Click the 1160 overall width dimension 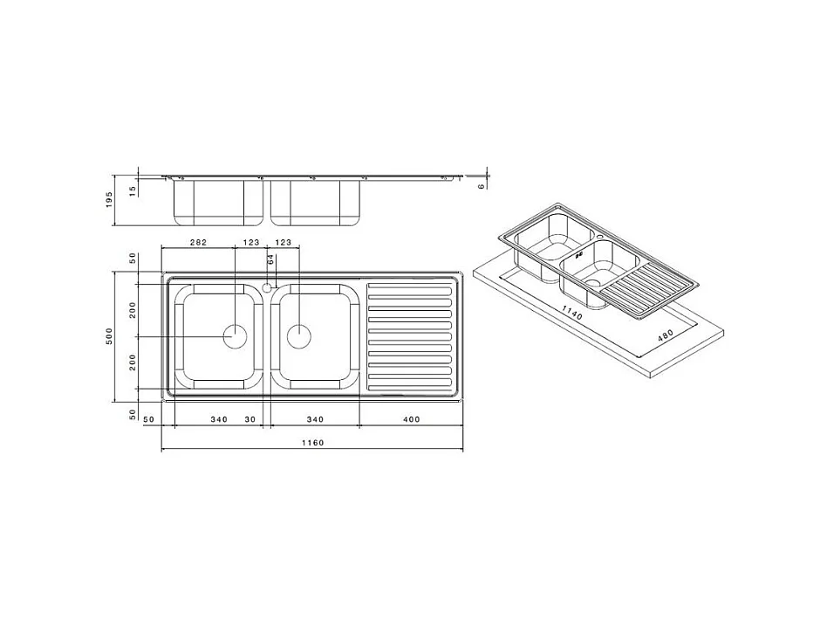tap(312, 443)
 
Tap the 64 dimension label tap(271, 260)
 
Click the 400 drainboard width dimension tap(411, 419)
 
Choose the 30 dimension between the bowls tap(249, 419)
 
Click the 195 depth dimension tap(110, 200)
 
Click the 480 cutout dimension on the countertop tap(666, 335)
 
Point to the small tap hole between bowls tap(267, 286)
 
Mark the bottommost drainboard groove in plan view tap(410, 387)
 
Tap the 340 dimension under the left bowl tap(219, 419)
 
